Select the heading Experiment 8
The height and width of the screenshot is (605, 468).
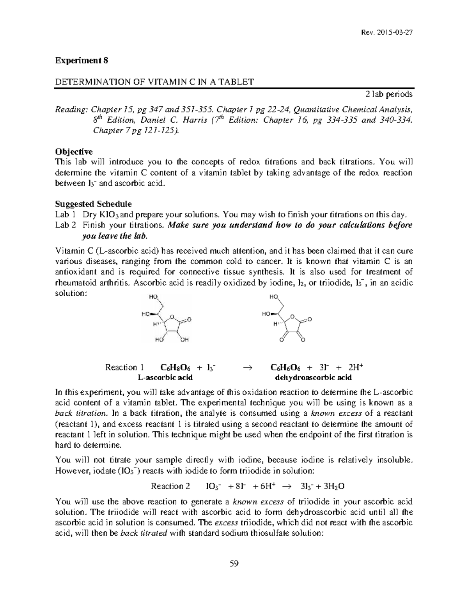[82, 60]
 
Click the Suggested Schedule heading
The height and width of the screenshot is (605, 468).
[93, 204]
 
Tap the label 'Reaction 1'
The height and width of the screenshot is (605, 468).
[125, 367]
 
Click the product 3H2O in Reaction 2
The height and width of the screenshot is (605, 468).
[332, 486]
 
